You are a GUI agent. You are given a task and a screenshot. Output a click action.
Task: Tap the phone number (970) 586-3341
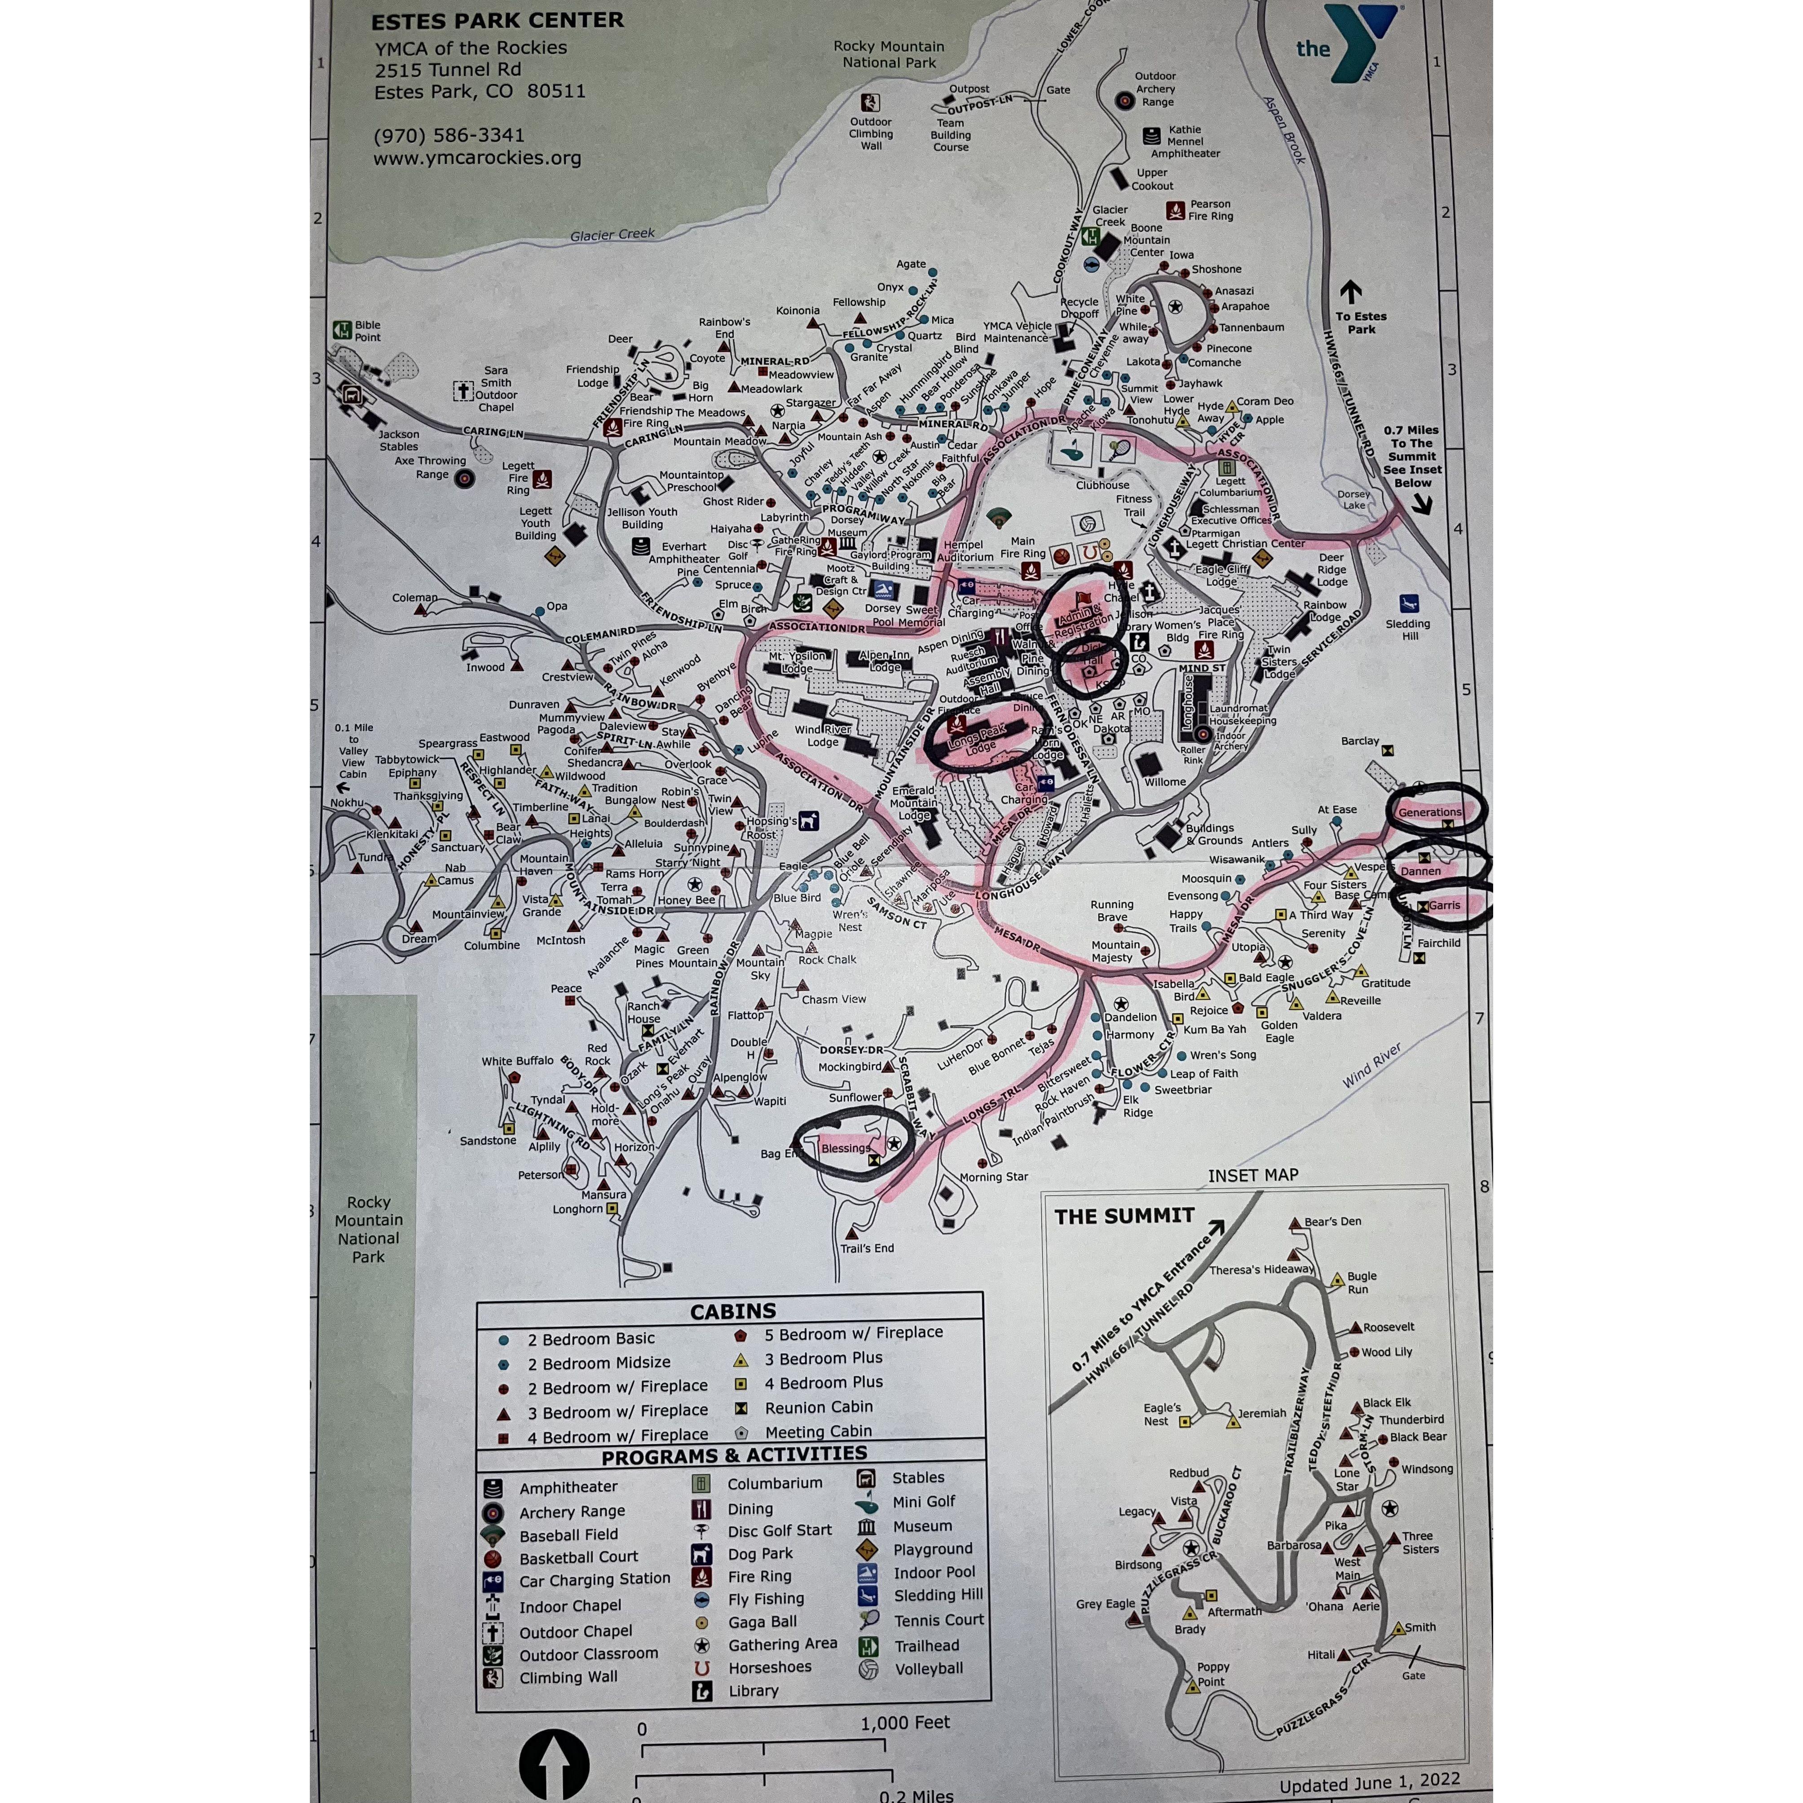click(x=449, y=135)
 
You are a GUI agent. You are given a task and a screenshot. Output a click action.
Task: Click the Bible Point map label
click(x=367, y=331)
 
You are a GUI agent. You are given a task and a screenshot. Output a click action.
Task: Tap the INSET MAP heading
click(x=1252, y=1175)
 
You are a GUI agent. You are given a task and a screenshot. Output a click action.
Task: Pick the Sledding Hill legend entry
click(x=938, y=1595)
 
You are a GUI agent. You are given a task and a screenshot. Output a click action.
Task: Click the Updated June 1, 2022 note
click(x=1369, y=1783)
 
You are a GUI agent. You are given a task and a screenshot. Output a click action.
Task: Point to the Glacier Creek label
click(x=612, y=234)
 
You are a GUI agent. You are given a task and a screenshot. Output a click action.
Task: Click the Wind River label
click(x=1372, y=1065)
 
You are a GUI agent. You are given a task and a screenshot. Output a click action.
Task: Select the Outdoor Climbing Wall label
click(x=871, y=133)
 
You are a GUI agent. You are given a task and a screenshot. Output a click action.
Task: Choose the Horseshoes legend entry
click(x=769, y=1667)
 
